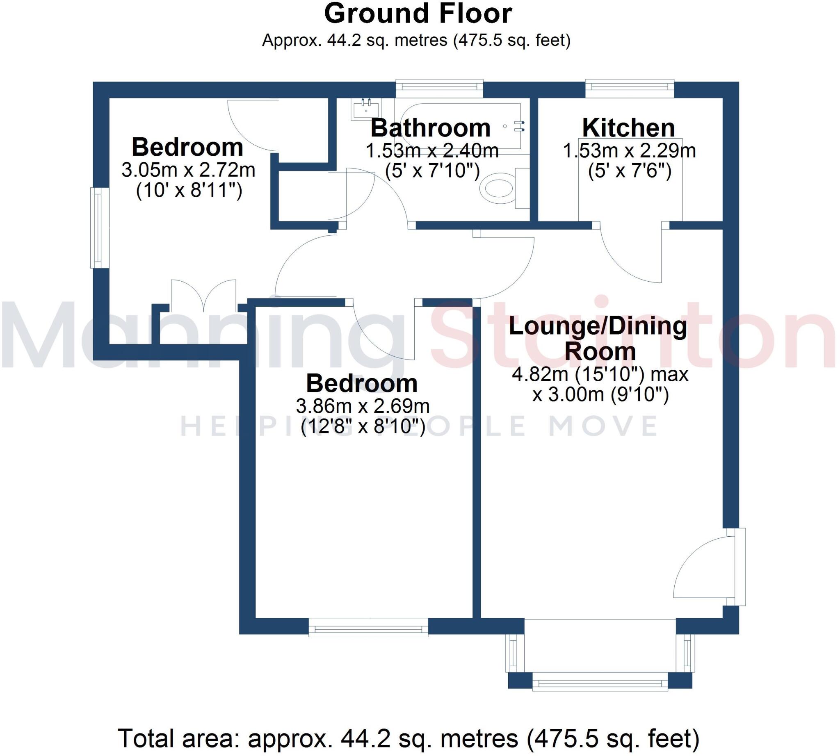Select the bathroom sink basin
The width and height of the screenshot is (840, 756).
[x=366, y=109]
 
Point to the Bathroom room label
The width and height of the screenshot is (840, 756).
[x=431, y=128]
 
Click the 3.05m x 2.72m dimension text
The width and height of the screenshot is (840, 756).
[x=188, y=170]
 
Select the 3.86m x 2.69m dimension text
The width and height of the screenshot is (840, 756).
[x=363, y=406]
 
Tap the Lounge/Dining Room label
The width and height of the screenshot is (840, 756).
[x=598, y=339]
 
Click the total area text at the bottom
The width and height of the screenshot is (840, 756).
[x=409, y=738]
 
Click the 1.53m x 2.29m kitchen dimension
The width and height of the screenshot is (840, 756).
[x=629, y=151]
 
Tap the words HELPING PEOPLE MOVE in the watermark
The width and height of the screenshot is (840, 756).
[x=419, y=426]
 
